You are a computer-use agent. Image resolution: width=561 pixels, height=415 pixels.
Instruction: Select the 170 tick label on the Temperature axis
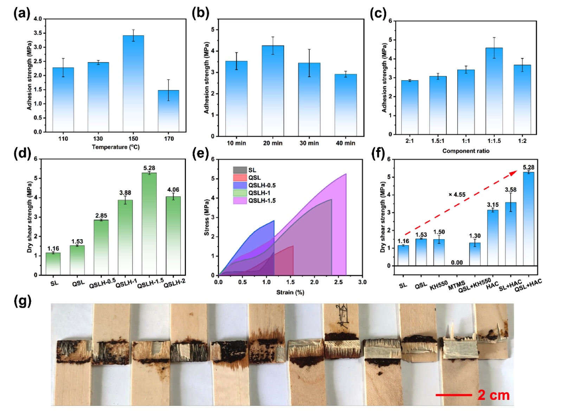pos(169,139)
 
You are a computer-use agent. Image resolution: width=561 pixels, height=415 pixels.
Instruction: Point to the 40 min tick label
pos(346,143)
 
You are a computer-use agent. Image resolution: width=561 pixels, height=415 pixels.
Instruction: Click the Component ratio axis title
pos(466,151)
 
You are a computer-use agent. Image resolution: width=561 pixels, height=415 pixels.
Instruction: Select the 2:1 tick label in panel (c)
pos(410,141)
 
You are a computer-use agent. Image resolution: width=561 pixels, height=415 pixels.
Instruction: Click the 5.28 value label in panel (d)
pos(149,168)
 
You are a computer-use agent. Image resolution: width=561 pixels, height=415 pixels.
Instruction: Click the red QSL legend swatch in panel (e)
pos(240,178)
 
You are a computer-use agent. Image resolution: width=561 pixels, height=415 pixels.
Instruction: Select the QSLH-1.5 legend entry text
pos(262,200)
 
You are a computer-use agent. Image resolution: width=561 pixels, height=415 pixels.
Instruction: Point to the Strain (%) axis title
pos(290,292)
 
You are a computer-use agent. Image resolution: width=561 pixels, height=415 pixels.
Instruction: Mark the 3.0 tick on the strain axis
pos(362,282)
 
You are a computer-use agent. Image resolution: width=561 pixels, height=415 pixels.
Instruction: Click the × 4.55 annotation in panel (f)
pos(457,194)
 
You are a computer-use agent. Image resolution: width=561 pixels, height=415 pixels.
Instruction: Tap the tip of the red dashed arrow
pos(517,171)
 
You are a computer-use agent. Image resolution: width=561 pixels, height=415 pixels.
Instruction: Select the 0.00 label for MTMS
pos(457,262)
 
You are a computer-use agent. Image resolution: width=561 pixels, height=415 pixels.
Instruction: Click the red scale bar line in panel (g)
pos(454,395)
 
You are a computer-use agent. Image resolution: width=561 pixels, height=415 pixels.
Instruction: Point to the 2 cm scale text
pos(494,395)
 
